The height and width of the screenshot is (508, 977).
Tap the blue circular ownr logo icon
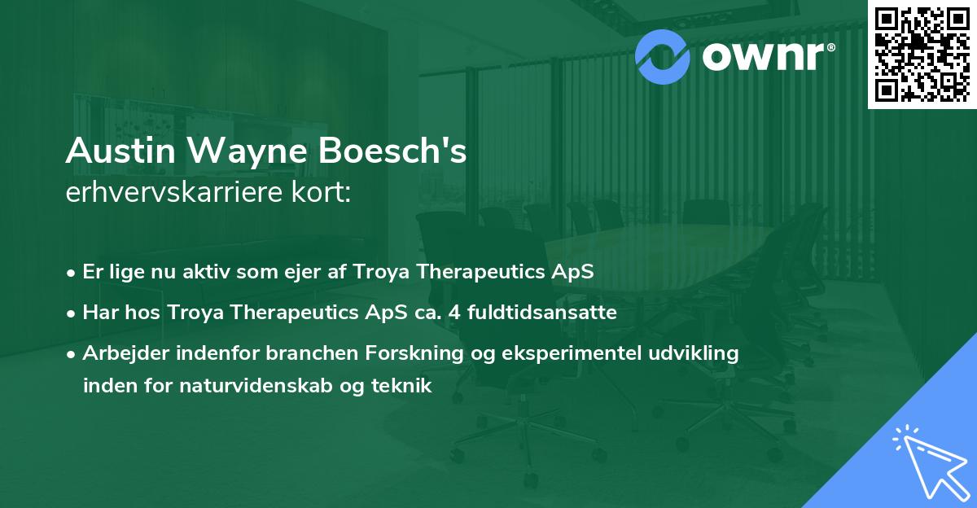coord(664,55)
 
